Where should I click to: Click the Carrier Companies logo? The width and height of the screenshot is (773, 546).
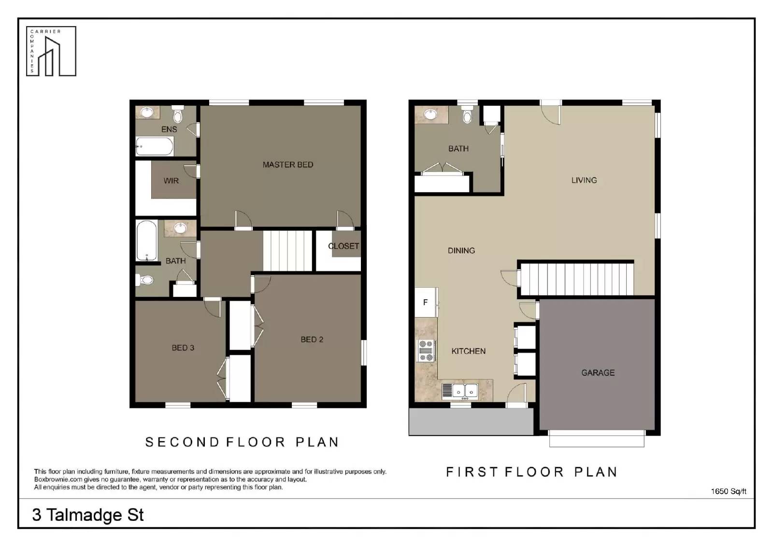[51, 51]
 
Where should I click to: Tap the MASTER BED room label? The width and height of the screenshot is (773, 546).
[288, 165]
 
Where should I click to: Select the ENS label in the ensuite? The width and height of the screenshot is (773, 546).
[169, 129]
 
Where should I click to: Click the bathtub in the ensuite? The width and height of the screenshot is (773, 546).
[154, 146]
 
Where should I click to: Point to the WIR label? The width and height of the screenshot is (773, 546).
[171, 181]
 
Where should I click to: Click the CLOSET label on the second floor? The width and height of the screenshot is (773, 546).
[344, 246]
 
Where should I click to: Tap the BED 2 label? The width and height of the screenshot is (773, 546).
[312, 339]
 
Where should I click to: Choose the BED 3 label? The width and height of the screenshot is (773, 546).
[183, 348]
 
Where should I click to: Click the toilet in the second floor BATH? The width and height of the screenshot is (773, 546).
[144, 280]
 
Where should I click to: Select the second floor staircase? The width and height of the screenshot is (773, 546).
[288, 251]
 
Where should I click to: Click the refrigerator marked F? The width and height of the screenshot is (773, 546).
[426, 303]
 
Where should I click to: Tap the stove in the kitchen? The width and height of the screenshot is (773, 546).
[426, 350]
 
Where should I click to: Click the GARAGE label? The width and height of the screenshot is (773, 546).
[598, 373]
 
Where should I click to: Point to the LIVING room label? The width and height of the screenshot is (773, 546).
[584, 180]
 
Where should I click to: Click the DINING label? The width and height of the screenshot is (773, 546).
[461, 251]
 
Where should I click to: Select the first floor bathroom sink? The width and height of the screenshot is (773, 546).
[430, 114]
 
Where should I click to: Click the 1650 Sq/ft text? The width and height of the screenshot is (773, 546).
[729, 491]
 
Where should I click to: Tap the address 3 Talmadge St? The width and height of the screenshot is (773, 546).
[88, 515]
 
